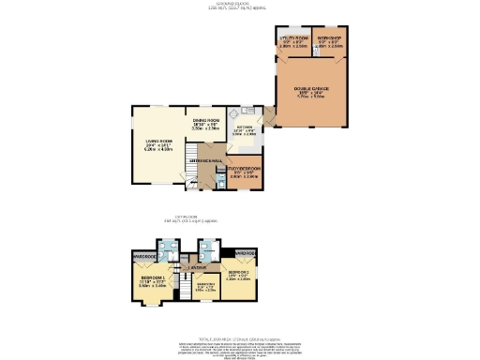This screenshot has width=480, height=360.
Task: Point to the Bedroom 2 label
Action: click(237, 272)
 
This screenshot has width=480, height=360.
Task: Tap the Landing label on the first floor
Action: click(197, 268)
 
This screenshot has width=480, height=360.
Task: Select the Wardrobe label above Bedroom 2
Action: click(245, 253)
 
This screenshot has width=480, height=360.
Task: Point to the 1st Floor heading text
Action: click(240, 217)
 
